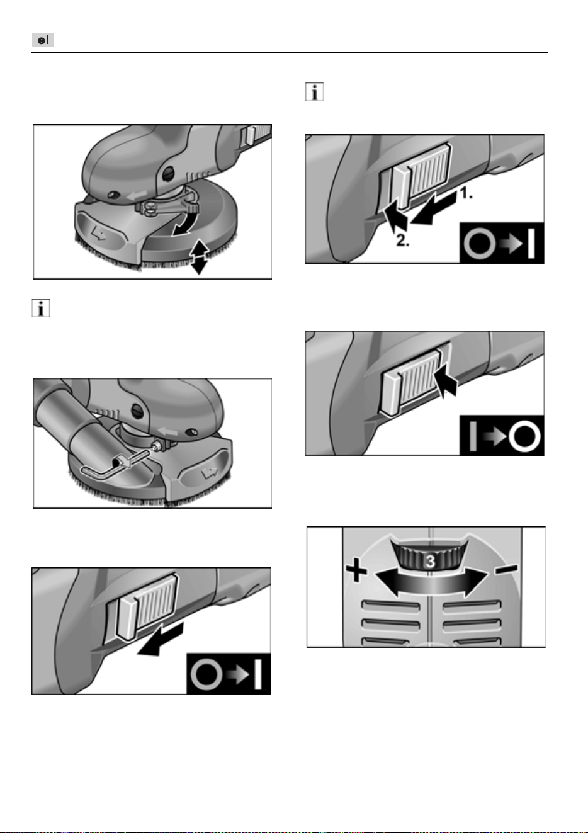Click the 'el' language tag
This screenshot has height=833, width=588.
coord(43,40)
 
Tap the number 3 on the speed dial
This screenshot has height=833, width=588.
coord(430,562)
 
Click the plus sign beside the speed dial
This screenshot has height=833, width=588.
coord(356,570)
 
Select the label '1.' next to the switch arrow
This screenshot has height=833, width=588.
coord(466,193)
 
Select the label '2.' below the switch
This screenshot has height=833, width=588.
coord(402,241)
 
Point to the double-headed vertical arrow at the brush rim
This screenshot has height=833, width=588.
coord(200,257)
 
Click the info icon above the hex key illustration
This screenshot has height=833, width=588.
coord(40,309)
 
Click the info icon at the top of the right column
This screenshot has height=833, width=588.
coord(314,91)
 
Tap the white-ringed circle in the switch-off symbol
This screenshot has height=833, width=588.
coord(524,436)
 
